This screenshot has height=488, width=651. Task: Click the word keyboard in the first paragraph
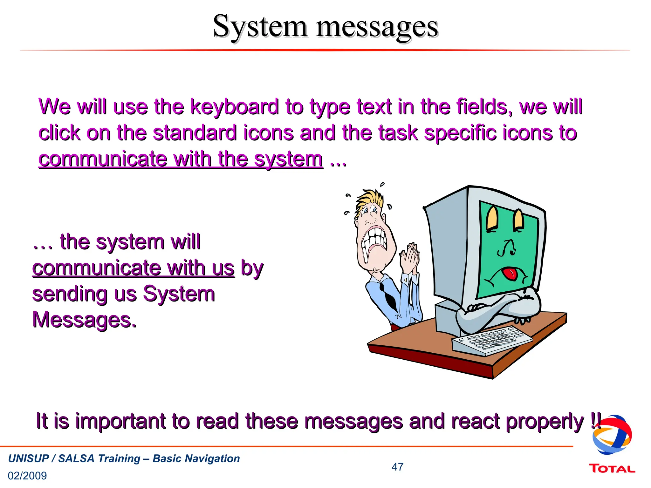coord(234,107)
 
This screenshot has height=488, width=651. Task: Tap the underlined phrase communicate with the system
coord(181,159)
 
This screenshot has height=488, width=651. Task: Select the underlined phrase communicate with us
coord(134,268)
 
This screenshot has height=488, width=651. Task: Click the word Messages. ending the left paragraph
coord(85,320)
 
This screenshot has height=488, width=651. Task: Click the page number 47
coord(397,467)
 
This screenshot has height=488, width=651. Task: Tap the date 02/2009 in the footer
coord(27,476)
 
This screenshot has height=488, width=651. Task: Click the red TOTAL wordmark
coord(612,469)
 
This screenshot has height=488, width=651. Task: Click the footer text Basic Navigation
coord(196,458)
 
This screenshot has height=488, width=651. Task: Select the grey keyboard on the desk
coord(492,340)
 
